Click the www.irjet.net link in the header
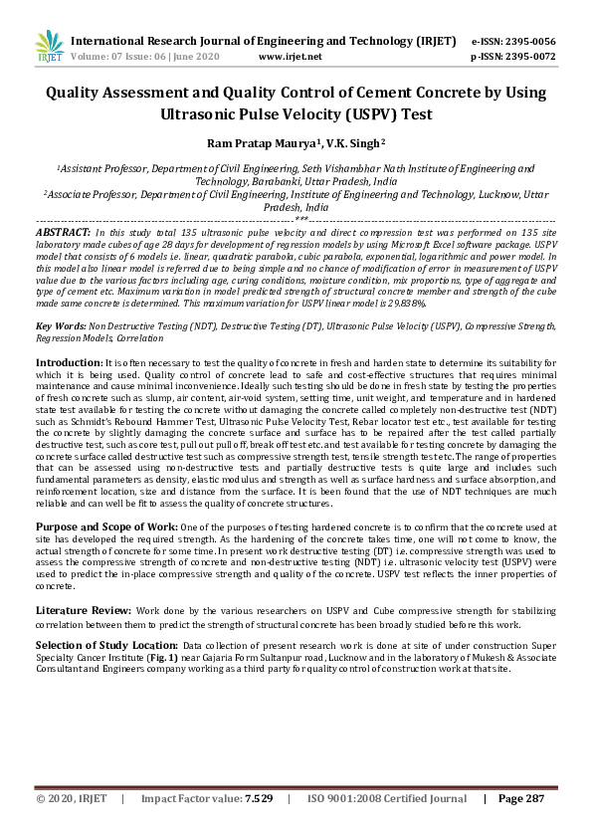pos(290,57)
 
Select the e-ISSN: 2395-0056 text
pos(513,41)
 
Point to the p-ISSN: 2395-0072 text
pos(513,57)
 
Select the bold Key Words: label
pos(61,325)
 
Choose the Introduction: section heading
pos(69,361)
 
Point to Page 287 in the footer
pos(521,798)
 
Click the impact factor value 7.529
pos(258,798)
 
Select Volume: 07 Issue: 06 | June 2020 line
pos(151,57)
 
